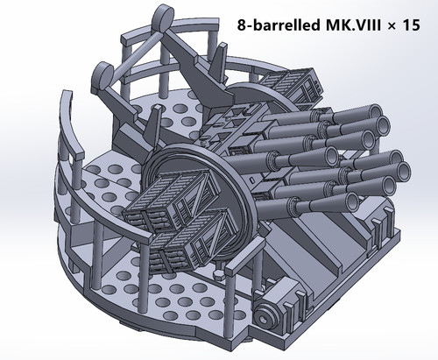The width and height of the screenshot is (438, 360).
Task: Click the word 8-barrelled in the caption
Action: coord(279,25)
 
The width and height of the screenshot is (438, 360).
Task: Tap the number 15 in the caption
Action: coord(411,25)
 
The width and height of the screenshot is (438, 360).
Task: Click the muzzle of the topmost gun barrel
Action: coord(375,112)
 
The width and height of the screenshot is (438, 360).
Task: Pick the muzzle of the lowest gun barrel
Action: coord(351,201)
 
